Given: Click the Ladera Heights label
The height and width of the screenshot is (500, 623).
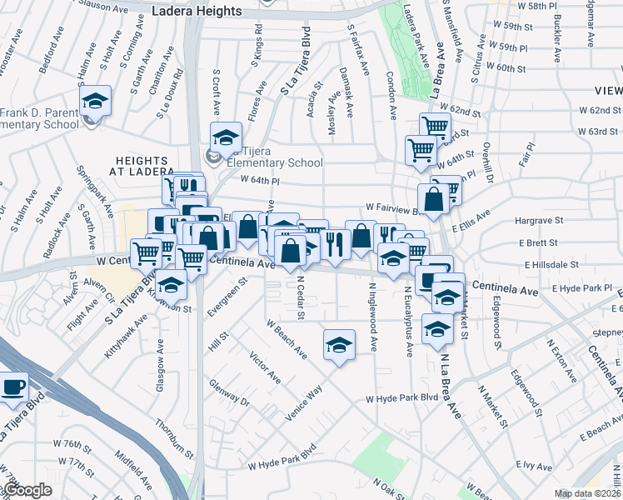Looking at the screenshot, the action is [x=197, y=12].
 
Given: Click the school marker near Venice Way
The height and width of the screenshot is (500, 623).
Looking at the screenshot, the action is [x=339, y=345].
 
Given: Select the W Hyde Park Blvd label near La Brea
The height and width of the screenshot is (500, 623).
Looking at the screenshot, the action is [x=402, y=399].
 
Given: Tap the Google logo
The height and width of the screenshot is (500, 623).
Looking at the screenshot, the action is [x=27, y=490].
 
